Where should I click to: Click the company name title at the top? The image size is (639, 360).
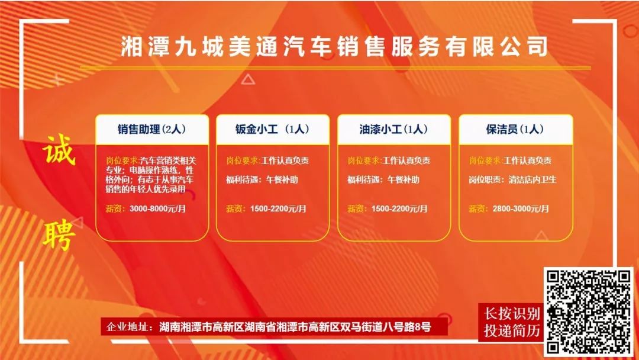[x=334, y=46]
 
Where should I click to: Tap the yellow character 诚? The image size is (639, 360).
[x=59, y=149]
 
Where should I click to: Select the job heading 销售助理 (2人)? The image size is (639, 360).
[x=151, y=129]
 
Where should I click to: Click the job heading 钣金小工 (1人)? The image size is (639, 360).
[x=272, y=129]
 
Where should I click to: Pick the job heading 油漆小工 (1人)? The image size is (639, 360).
[x=393, y=129]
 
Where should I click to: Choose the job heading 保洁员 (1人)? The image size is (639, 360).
[x=515, y=129]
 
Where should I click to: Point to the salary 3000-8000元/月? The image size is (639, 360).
[x=158, y=209]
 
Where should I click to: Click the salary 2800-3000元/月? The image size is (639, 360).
[x=521, y=209]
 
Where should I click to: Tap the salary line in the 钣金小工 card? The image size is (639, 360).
[x=266, y=209]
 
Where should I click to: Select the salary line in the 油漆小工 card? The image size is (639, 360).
[x=388, y=209]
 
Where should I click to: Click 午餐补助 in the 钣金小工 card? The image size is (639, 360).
[x=282, y=179]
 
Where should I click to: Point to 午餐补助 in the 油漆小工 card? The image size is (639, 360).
[x=403, y=179]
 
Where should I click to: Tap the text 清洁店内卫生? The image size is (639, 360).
[x=532, y=179]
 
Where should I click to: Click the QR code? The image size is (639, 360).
[x=588, y=312]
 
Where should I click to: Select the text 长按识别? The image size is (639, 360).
[x=512, y=314]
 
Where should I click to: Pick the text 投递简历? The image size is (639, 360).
[x=512, y=330]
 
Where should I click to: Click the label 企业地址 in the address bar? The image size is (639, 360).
[x=127, y=327]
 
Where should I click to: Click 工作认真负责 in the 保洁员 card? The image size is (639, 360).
[x=528, y=160]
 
